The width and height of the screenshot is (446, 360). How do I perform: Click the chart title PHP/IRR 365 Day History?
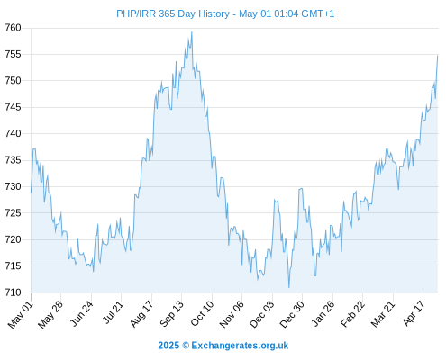click(x=173, y=13)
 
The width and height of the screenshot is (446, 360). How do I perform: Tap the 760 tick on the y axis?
click(x=13, y=28)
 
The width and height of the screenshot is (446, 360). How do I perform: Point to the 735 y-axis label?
click(x=13, y=160)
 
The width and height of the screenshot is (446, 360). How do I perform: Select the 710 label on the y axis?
click(x=13, y=292)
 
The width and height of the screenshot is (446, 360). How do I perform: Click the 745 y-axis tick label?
click(x=13, y=107)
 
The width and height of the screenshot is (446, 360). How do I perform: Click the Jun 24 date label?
click(x=82, y=313)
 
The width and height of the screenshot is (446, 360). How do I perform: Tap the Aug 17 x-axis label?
click(x=141, y=313)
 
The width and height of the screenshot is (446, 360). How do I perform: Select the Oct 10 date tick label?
click(x=202, y=313)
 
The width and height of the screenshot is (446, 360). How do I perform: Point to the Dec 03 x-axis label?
click(x=262, y=314)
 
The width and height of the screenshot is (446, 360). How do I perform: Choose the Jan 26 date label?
click(x=323, y=313)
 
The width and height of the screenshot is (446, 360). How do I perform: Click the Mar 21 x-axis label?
click(x=383, y=313)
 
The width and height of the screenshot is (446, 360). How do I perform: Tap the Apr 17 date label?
click(x=414, y=313)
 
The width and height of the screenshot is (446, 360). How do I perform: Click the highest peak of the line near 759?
click(x=192, y=32)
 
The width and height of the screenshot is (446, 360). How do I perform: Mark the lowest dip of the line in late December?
click(x=289, y=287)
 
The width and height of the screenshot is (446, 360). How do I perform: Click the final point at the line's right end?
click(x=438, y=56)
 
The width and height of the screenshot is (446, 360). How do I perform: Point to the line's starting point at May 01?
click(x=31, y=193)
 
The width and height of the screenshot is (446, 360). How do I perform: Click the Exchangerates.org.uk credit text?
click(x=240, y=346)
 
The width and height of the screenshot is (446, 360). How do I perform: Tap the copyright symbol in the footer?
click(x=186, y=346)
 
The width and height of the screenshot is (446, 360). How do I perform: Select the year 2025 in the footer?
click(x=168, y=346)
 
